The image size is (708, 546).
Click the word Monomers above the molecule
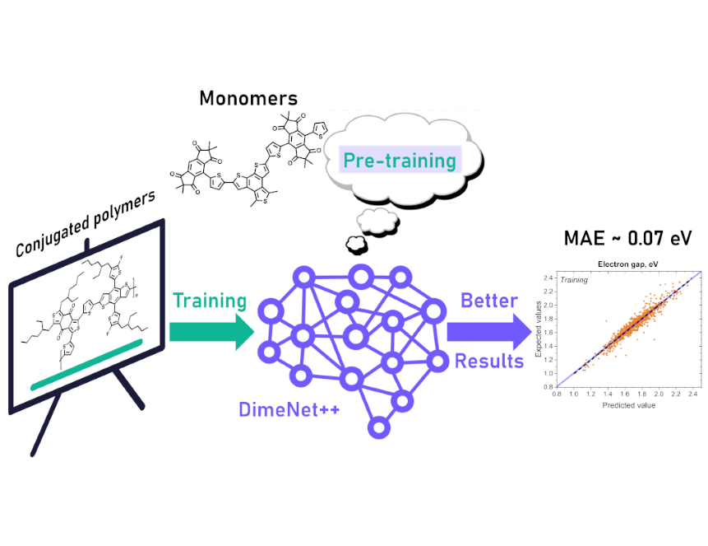click(x=248, y=99)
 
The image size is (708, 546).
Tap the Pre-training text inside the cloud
click(x=400, y=159)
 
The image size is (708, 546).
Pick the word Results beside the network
click(x=488, y=361)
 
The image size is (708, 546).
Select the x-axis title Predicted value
click(x=627, y=406)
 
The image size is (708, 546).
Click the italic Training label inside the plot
click(x=576, y=281)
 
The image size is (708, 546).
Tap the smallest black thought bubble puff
click(x=355, y=244)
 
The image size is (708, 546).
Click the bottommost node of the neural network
click(x=378, y=427)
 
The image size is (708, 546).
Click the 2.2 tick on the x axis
click(x=675, y=394)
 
